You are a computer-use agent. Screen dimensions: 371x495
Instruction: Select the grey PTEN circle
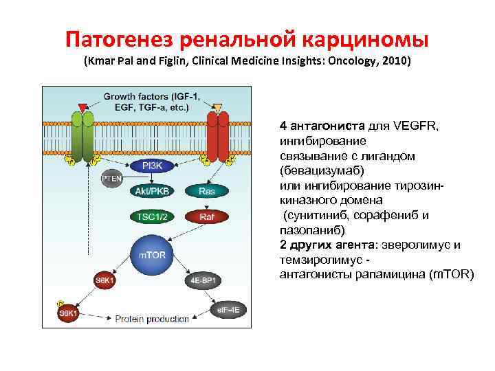coord(111,179)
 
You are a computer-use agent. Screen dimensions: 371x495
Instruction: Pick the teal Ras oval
coord(206,191)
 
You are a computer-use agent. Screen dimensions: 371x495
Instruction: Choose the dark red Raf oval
coord(206,216)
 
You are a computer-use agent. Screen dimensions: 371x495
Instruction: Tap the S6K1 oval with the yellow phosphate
coord(69,314)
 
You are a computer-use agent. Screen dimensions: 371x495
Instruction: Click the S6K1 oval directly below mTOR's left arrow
coord(105,280)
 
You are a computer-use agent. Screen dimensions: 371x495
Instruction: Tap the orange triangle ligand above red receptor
coord(217,107)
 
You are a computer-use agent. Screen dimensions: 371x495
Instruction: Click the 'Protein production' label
coord(151,319)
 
